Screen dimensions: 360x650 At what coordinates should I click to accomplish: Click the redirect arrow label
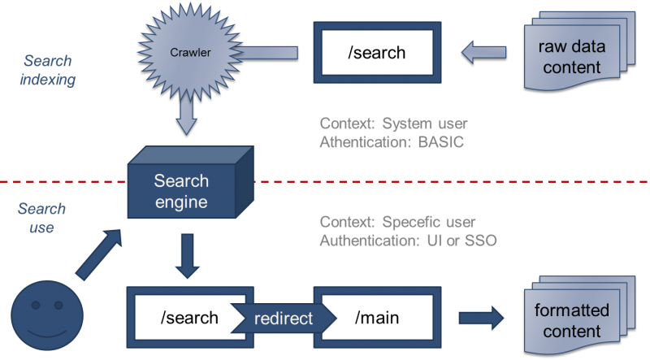(282, 319)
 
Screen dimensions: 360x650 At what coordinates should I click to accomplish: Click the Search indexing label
(46, 70)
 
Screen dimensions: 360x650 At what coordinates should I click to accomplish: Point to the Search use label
(41, 219)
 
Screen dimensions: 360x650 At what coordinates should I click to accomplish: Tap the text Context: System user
(394, 124)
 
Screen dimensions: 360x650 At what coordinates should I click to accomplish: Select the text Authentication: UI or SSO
(408, 241)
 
